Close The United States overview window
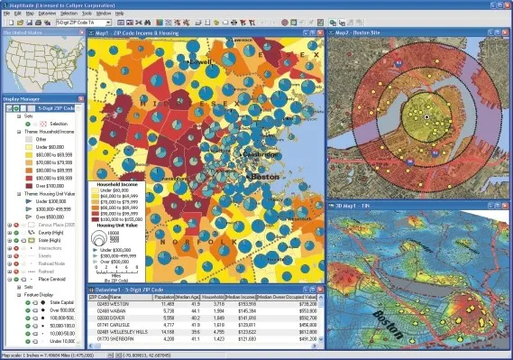[82, 32]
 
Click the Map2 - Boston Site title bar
[361, 32]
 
